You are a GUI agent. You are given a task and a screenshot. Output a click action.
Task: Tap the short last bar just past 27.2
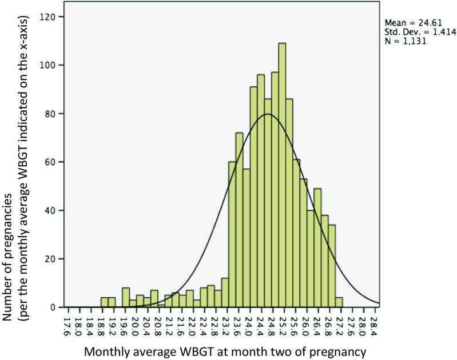coord(339,302)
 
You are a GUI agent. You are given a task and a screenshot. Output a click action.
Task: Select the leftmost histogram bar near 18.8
coord(104,302)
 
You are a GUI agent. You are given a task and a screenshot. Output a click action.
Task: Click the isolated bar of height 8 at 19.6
coord(126,297)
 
